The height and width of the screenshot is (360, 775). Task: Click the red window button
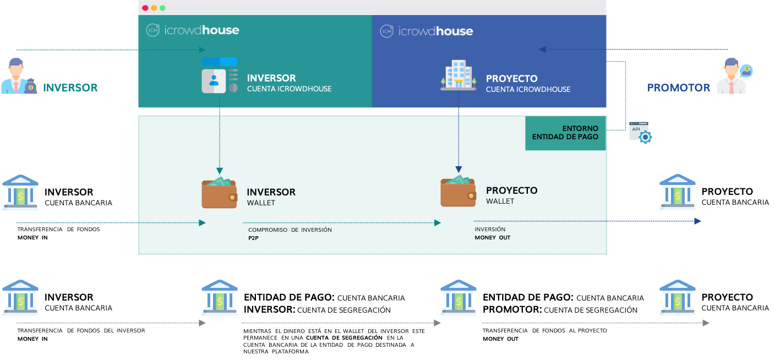pyautogui.click(x=145, y=8)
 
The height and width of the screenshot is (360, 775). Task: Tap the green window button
pyautogui.click(x=162, y=8)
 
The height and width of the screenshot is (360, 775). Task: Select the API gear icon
pyautogui.click(x=641, y=133)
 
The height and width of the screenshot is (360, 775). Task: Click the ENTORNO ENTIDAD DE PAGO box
pyautogui.click(x=565, y=133)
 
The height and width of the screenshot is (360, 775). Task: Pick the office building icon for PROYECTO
pyautogui.click(x=459, y=75)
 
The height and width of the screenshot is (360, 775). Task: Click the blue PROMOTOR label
pyautogui.click(x=679, y=88)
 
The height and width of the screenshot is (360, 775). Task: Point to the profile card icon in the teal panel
pyautogui.click(x=220, y=75)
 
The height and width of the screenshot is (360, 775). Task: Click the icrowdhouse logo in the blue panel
pyautogui.click(x=426, y=31)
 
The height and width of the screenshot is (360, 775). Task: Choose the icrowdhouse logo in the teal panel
pyautogui.click(x=192, y=30)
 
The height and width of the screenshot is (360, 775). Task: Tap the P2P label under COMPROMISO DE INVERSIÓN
pyautogui.click(x=253, y=238)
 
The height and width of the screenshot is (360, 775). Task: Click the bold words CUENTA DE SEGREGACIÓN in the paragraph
pyautogui.click(x=344, y=337)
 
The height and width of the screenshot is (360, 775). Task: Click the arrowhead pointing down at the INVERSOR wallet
pyautogui.click(x=220, y=171)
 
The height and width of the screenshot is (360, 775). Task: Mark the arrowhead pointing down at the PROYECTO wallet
pyautogui.click(x=459, y=170)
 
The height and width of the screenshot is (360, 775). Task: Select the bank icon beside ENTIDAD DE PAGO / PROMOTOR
pyautogui.click(x=459, y=298)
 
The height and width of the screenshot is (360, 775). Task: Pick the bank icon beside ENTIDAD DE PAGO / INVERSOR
pyautogui.click(x=220, y=298)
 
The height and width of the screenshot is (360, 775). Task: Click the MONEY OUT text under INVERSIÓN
pyautogui.click(x=492, y=237)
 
